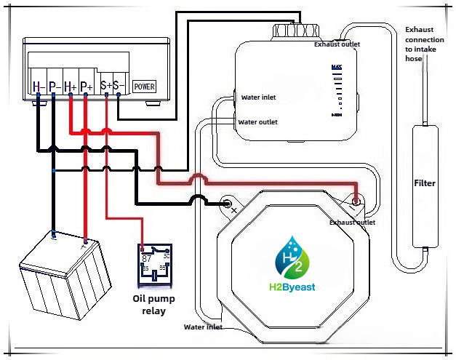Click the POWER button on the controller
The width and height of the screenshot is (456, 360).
pos(144,87)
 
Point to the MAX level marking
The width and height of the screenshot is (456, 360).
pos(336,68)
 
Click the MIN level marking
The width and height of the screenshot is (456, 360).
pos(336,115)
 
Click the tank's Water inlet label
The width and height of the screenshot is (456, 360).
pos(259,97)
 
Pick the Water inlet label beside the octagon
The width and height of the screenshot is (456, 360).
pos(203,327)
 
